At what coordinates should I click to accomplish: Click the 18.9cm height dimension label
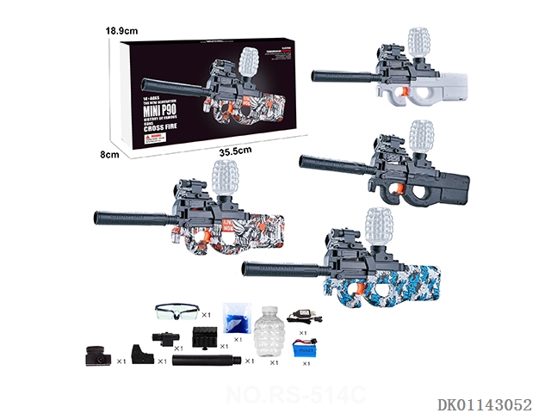tap(122, 31)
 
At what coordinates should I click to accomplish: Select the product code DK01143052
tap(485, 402)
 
